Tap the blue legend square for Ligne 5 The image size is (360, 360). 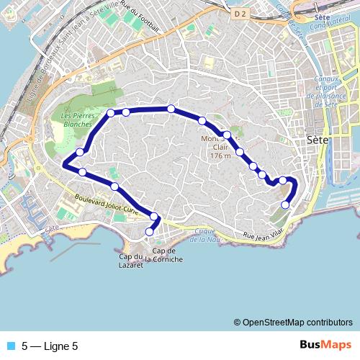[9, 346]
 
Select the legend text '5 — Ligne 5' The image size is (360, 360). [50, 346]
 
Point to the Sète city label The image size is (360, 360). [318, 140]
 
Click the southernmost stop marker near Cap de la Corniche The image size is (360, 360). [150, 232]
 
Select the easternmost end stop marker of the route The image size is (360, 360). [285, 204]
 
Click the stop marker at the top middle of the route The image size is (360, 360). [171, 108]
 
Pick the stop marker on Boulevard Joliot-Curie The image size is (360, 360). [114, 186]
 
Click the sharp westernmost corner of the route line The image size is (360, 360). [64, 165]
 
